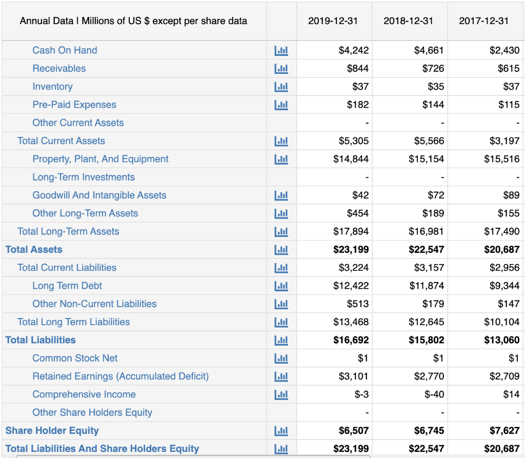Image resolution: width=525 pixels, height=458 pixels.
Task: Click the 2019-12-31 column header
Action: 333,21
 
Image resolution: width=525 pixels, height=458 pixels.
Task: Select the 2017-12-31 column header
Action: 483,21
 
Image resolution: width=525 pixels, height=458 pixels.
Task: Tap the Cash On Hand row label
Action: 65,50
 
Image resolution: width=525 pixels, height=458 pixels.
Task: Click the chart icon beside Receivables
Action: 281,69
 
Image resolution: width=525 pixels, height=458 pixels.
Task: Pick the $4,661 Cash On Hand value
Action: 429,50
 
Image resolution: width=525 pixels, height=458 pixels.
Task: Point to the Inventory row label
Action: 52,87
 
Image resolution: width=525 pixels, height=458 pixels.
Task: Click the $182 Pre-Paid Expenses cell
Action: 357,105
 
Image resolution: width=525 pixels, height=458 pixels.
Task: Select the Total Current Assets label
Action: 61,141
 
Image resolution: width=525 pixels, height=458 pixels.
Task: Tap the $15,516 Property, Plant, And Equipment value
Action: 501,159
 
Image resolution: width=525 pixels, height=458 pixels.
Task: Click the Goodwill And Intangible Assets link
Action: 99,195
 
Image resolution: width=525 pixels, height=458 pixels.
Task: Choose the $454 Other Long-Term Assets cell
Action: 357,213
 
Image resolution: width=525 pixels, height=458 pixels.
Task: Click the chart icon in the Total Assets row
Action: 281,250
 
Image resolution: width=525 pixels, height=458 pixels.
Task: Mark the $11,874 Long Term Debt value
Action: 426,286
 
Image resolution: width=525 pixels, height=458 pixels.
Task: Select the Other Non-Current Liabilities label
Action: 94,304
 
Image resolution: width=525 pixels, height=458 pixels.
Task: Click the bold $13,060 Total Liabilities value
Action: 501,340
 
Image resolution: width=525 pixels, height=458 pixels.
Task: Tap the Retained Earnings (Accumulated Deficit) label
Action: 120,376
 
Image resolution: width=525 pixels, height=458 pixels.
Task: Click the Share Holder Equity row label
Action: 52,431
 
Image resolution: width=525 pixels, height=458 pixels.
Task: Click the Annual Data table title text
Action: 133,21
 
